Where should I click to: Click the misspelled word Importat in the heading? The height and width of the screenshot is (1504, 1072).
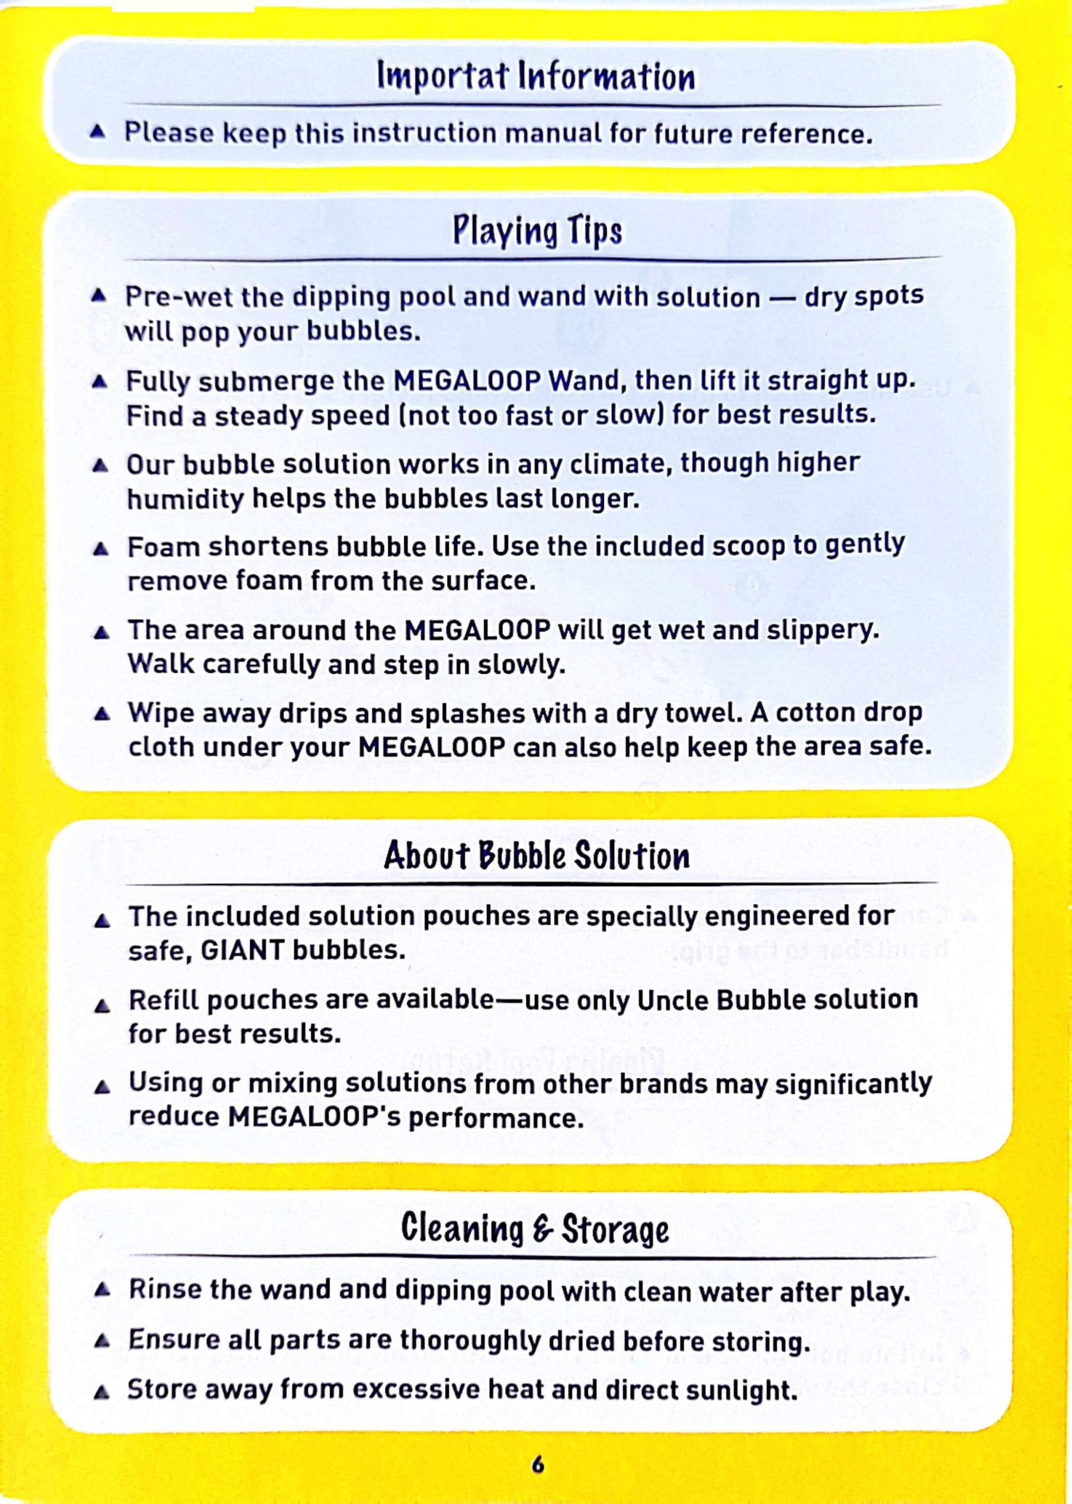coord(443,76)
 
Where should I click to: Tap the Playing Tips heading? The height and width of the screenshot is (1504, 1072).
coord(537,231)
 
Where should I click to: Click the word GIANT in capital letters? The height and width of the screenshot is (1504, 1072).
coord(241,951)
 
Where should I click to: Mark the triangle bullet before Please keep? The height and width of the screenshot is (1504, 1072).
coord(98,132)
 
